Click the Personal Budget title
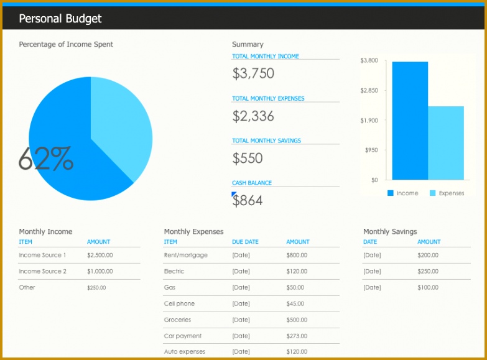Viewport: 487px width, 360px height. [x=60, y=19]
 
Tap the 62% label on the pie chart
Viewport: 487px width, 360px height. [x=45, y=159]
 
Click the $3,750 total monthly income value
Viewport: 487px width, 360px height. [x=253, y=73]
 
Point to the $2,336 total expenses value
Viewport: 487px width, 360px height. [x=253, y=116]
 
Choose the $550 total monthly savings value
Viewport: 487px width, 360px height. [x=248, y=158]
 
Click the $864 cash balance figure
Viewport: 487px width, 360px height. [x=248, y=200]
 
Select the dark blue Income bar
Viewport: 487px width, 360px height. [x=409, y=121]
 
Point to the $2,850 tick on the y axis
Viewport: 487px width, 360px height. [x=369, y=91]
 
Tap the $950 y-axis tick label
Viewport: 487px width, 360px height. [x=371, y=150]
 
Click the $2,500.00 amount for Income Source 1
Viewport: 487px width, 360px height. [x=100, y=255]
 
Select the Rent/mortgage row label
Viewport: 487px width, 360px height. [x=185, y=255]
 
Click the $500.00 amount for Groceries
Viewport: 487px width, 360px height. [x=297, y=320]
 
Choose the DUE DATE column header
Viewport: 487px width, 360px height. [x=245, y=242]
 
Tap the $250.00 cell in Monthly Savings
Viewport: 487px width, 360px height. [x=427, y=271]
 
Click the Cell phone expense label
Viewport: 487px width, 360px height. [x=179, y=303]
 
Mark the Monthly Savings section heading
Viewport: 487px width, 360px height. [x=389, y=231]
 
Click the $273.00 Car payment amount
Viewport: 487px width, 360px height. [x=297, y=336]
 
